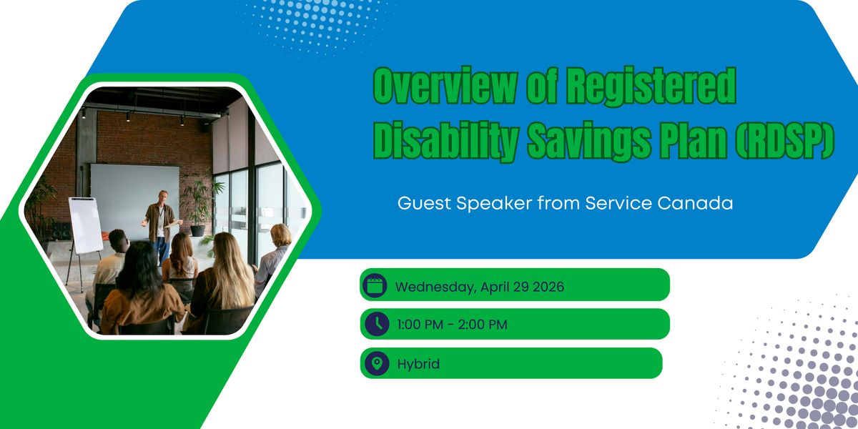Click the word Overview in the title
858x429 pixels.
(x=444, y=85)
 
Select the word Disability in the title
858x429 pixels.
(x=446, y=140)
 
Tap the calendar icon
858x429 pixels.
(x=375, y=285)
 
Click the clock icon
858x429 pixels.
(x=377, y=324)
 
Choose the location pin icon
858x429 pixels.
(x=377, y=363)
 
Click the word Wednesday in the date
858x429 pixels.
(x=435, y=287)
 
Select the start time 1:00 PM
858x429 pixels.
(x=420, y=325)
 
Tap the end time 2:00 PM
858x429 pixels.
(x=483, y=325)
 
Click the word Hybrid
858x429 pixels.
(x=418, y=364)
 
